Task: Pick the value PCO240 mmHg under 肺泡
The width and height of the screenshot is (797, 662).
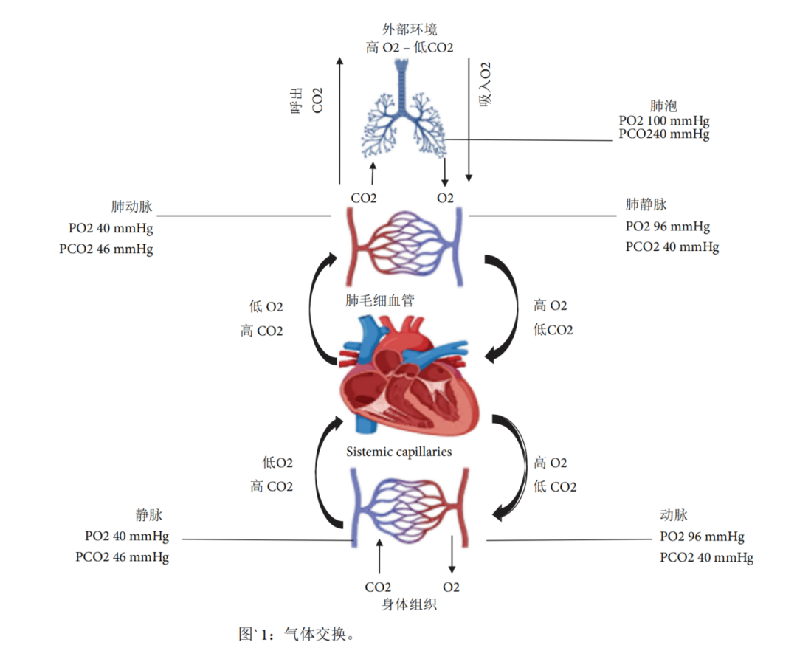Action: [x=664, y=135]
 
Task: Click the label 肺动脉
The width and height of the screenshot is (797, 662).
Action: [x=131, y=207]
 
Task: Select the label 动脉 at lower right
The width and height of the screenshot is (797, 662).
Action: [x=674, y=516]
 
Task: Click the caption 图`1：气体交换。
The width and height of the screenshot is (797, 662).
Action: [x=297, y=634]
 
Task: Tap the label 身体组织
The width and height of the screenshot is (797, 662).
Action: [x=409, y=605]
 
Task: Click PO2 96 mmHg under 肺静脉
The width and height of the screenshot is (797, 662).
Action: [x=667, y=227]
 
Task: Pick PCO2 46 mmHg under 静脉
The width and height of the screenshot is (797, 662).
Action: [x=122, y=557]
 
